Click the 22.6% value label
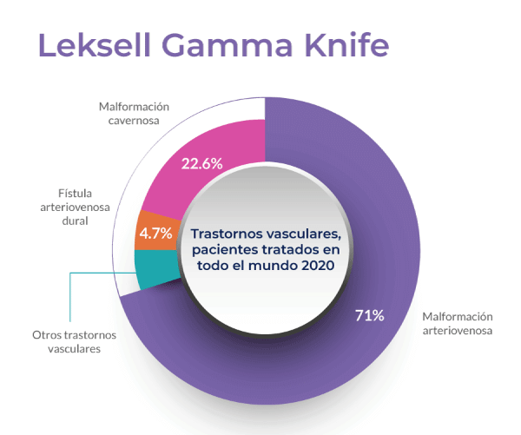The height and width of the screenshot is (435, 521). (202, 162)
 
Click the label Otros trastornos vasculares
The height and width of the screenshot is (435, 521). (73, 341)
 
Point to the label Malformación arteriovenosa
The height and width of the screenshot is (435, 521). (458, 323)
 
